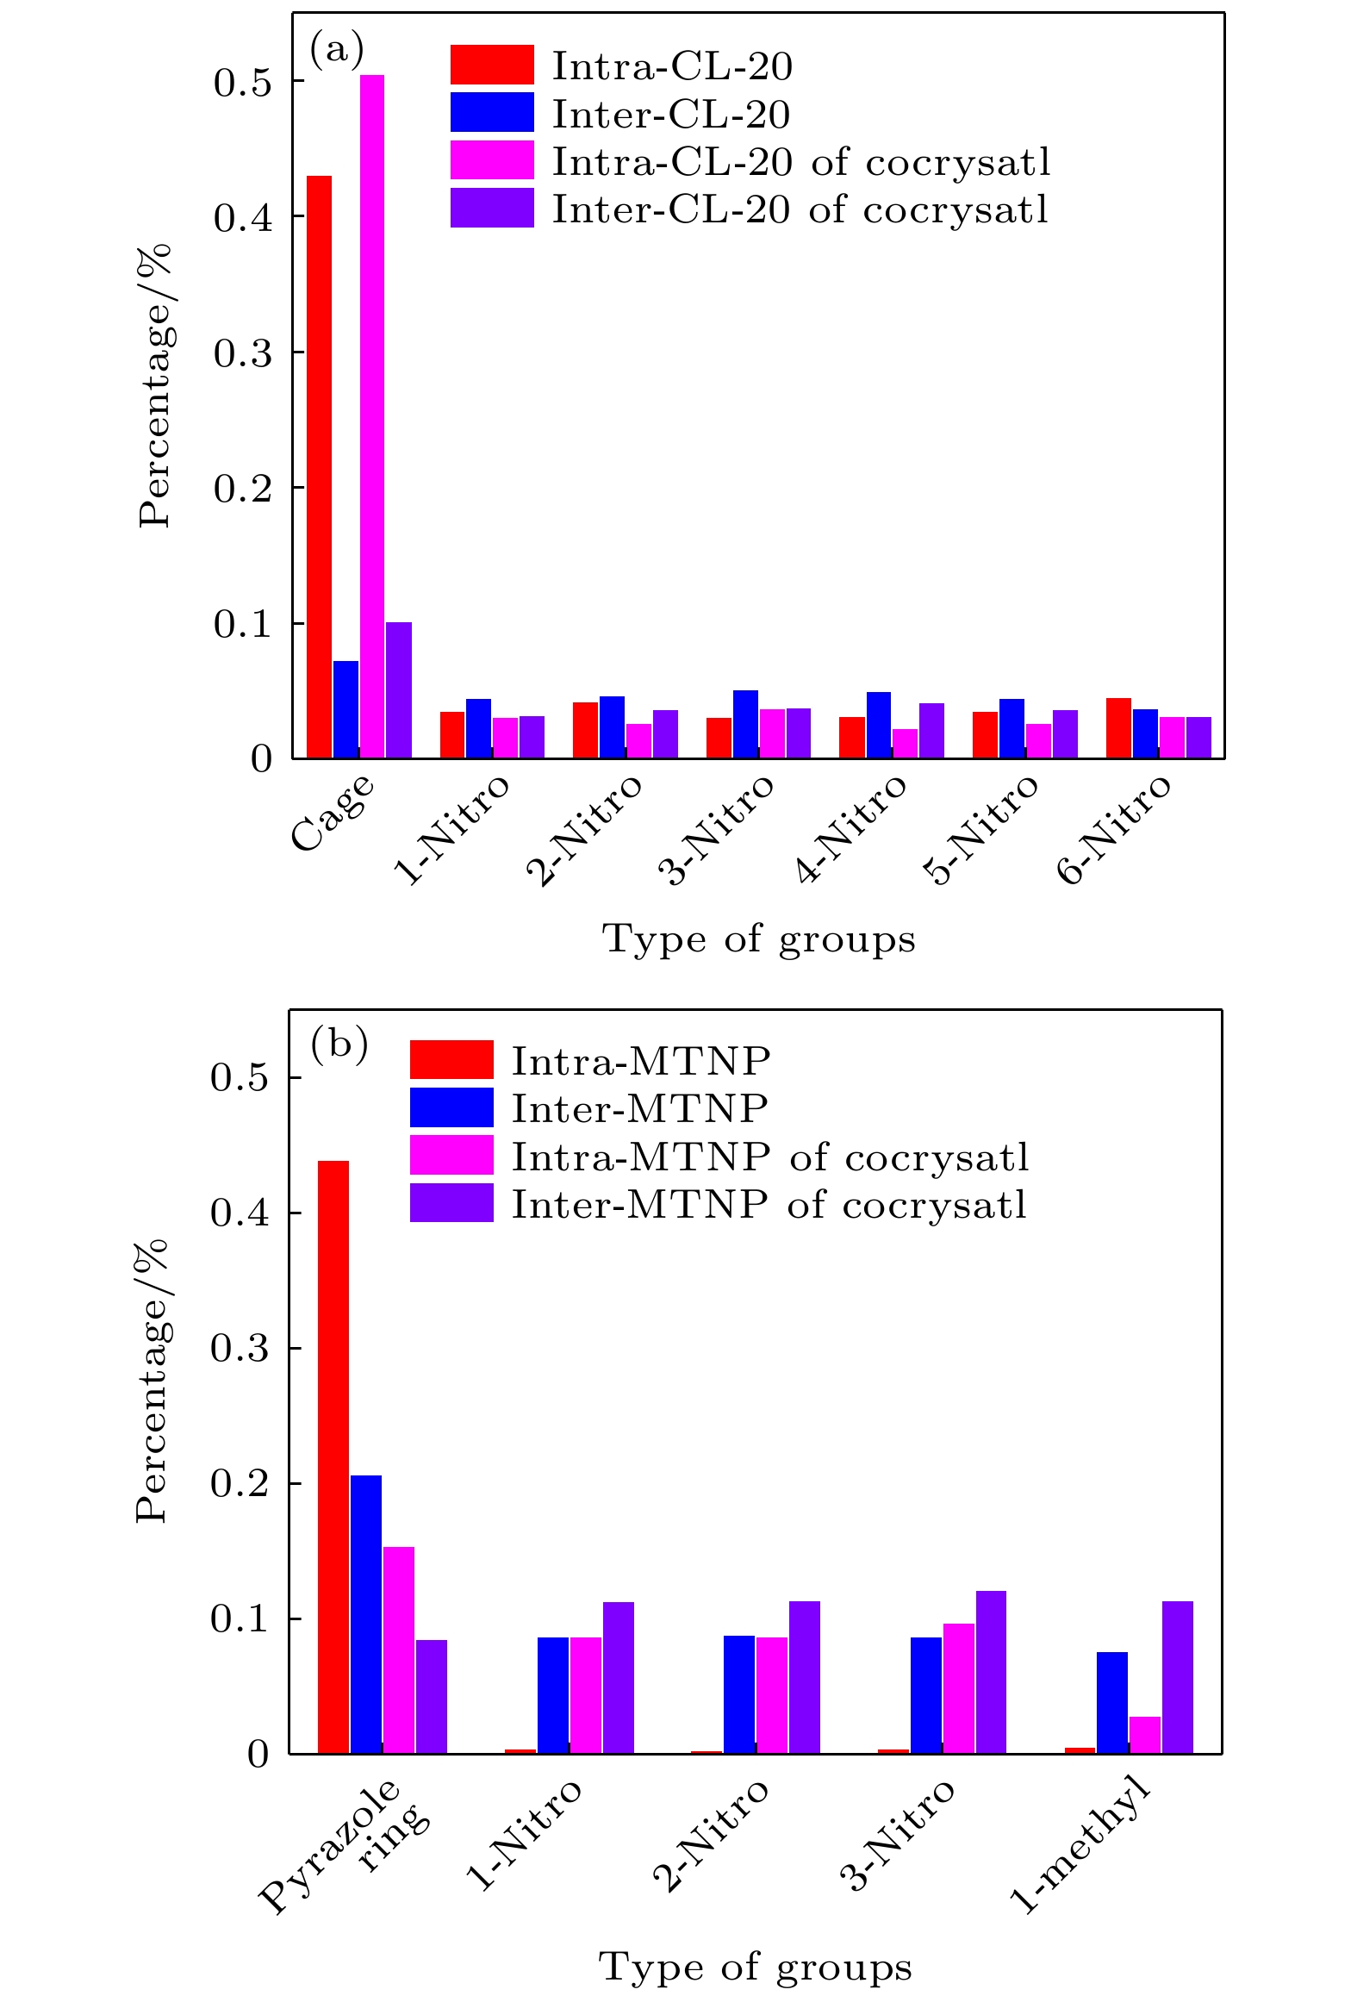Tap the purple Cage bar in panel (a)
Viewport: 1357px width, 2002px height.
pyautogui.click(x=399, y=690)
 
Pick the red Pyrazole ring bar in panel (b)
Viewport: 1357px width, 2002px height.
pyautogui.click(x=333, y=1456)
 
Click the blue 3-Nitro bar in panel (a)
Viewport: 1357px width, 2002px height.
pyautogui.click(x=745, y=724)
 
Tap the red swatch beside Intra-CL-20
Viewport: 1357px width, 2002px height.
pyautogui.click(x=492, y=65)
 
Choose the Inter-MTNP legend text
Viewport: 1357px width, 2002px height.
pyautogui.click(x=639, y=1108)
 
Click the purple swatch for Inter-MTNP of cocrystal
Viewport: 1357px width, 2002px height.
pyautogui.click(x=451, y=1202)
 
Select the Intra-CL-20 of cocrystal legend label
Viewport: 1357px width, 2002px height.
pyautogui.click(x=801, y=162)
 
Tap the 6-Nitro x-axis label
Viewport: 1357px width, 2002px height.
pyautogui.click(x=1115, y=829)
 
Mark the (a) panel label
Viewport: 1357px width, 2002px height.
pyautogui.click(x=337, y=49)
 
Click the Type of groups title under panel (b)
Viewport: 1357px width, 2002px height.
pyautogui.click(x=755, y=1967)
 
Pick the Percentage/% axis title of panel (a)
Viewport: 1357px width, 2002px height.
pyautogui.click(x=155, y=385)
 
